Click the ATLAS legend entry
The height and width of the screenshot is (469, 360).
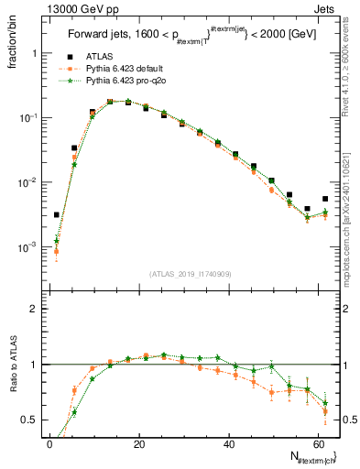click(99, 58)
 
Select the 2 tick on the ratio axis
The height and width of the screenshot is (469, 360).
click(34, 309)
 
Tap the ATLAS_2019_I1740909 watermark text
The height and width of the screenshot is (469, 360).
click(191, 274)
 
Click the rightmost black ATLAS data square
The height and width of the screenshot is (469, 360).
click(325, 199)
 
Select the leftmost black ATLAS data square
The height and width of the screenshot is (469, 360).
click(57, 215)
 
